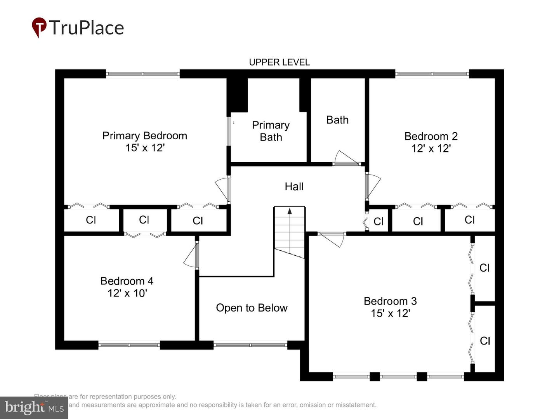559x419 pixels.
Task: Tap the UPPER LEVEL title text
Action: [x=279, y=62]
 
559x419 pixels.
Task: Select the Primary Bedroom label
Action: [x=144, y=136]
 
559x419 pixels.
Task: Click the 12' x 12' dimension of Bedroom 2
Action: [x=431, y=149]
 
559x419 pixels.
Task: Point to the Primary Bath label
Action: [x=271, y=131]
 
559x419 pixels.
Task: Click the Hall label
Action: [x=294, y=187]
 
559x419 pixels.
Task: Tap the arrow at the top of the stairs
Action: [x=290, y=211]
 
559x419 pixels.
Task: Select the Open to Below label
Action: [x=252, y=308]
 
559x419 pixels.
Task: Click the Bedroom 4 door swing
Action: [x=191, y=256]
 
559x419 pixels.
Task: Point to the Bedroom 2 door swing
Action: [x=373, y=186]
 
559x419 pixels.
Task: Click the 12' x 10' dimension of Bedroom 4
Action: [x=127, y=293]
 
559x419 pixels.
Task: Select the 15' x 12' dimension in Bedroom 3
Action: [x=390, y=313]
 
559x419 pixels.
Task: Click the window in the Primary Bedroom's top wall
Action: [x=142, y=74]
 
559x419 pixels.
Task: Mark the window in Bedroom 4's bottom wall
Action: [x=129, y=345]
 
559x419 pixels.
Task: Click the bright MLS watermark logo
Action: [x=34, y=407]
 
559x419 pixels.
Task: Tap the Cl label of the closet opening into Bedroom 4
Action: [x=144, y=220]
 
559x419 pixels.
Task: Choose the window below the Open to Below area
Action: [x=250, y=345]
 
